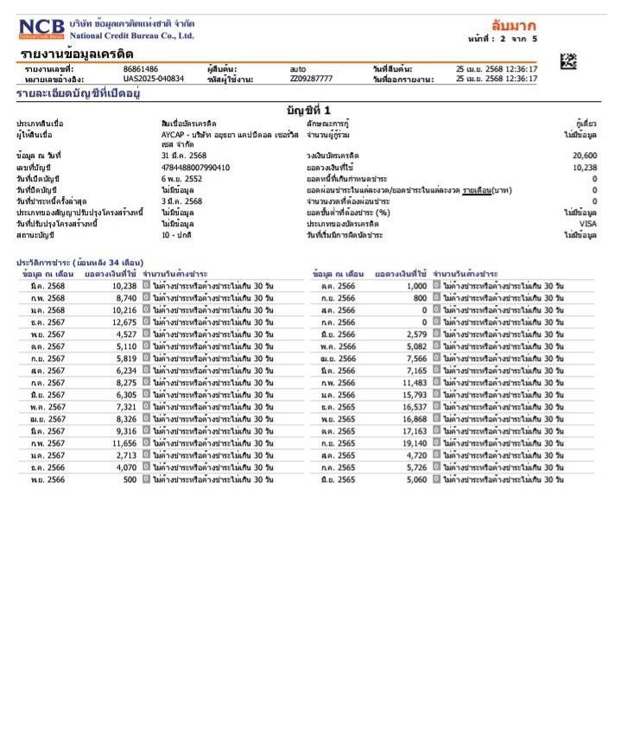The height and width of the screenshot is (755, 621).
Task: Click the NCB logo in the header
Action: [x=41, y=29]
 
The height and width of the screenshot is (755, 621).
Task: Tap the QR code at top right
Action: [x=567, y=61]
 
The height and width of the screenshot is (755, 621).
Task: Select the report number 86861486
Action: [x=141, y=68]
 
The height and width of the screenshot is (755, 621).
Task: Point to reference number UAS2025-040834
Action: [x=154, y=79]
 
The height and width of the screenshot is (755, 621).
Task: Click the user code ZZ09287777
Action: [x=311, y=79]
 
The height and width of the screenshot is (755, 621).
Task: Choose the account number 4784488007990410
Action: [x=196, y=167]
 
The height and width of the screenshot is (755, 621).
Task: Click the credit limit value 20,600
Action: [x=584, y=155]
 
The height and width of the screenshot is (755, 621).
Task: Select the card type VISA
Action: [x=587, y=223]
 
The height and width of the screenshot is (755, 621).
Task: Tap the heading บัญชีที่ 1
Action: [x=308, y=110]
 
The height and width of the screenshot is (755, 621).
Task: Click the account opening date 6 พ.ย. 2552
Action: [x=181, y=178]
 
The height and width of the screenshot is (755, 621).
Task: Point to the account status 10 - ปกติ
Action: [x=179, y=234]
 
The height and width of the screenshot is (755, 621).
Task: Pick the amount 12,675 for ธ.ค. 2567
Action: [x=124, y=322]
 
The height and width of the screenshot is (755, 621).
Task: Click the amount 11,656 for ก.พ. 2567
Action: [x=124, y=443]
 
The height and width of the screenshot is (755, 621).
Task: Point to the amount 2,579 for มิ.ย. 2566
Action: [x=415, y=334]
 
